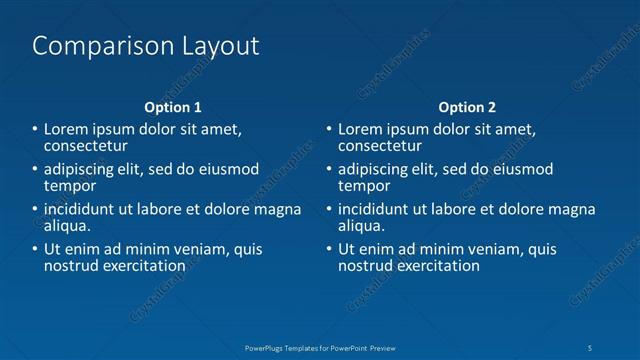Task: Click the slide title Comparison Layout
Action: [146, 46]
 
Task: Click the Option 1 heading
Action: [173, 107]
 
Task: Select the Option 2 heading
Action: [467, 107]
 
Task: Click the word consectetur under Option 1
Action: [86, 146]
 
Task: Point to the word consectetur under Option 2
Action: [380, 146]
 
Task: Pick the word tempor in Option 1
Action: [70, 186]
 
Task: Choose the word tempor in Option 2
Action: [364, 186]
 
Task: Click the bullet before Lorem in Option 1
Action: [34, 130]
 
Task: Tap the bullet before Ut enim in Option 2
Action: [328, 250]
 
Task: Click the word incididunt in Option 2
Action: [378, 210]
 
